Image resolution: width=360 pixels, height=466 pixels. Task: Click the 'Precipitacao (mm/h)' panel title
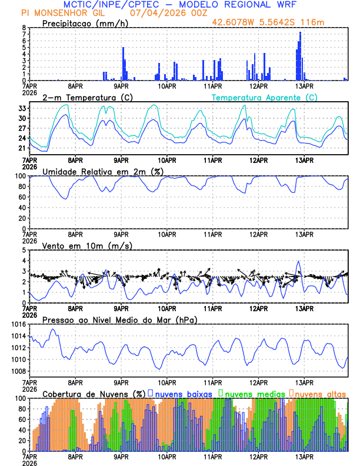click(x=85, y=23)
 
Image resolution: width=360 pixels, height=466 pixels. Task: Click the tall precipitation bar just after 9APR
click(x=124, y=64)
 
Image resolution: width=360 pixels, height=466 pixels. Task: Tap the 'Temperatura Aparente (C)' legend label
click(x=265, y=97)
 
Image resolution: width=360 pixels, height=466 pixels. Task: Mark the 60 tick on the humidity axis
click(x=22, y=197)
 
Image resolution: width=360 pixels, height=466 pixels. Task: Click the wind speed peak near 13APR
click(x=299, y=262)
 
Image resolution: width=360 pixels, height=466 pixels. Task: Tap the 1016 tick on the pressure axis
click(x=19, y=324)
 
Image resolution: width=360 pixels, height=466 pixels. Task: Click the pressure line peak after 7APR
click(x=53, y=329)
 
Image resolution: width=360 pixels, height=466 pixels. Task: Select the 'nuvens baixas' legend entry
click(x=183, y=393)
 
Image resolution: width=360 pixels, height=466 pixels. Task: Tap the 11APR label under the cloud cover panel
click(x=212, y=456)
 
